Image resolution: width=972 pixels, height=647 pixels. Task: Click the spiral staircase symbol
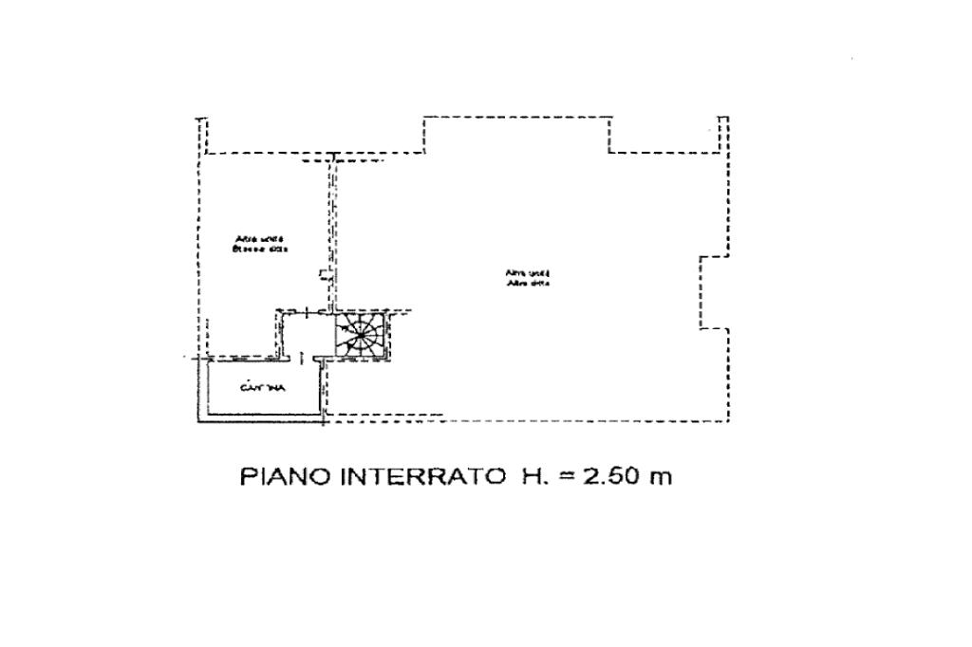click(x=362, y=337)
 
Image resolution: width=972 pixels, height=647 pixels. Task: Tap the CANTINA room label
click(x=257, y=388)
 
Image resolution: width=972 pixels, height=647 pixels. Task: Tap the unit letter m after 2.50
click(x=660, y=476)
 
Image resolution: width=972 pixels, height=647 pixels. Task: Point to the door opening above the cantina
click(x=301, y=359)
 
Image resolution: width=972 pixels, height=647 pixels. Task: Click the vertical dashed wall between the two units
click(x=331, y=228)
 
